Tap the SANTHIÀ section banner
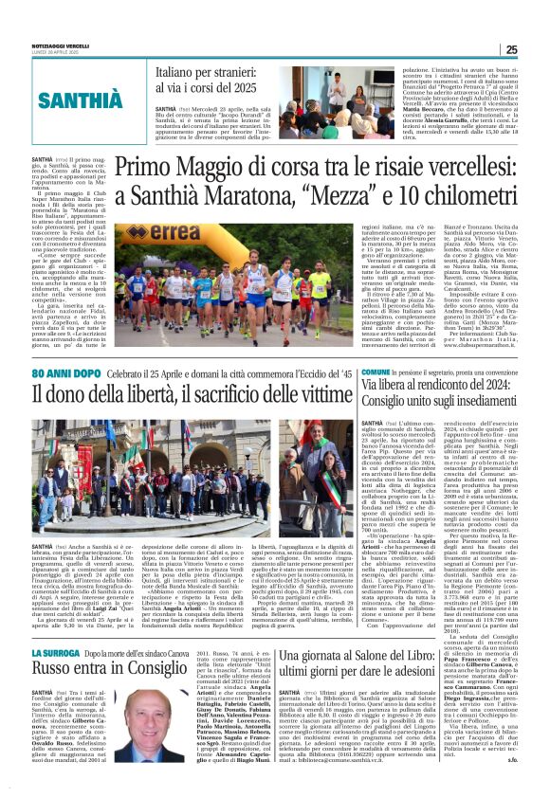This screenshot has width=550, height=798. [82, 99]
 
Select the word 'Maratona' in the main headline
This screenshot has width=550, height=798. [249, 197]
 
